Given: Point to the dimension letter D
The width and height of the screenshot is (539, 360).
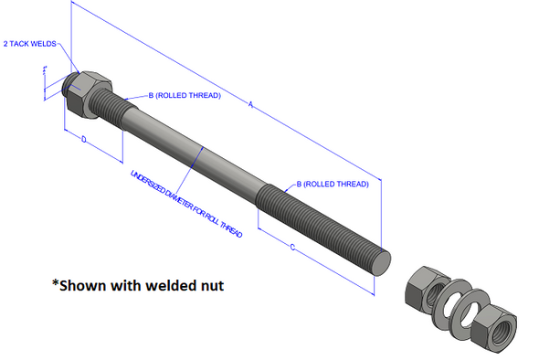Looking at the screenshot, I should tap(83, 140).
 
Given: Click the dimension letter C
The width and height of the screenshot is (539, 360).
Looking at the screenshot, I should tap(291, 247).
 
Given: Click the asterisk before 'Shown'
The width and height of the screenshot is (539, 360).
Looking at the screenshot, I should tap(56, 283).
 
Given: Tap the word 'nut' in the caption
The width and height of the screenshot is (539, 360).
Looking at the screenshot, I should tap(209, 285).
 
